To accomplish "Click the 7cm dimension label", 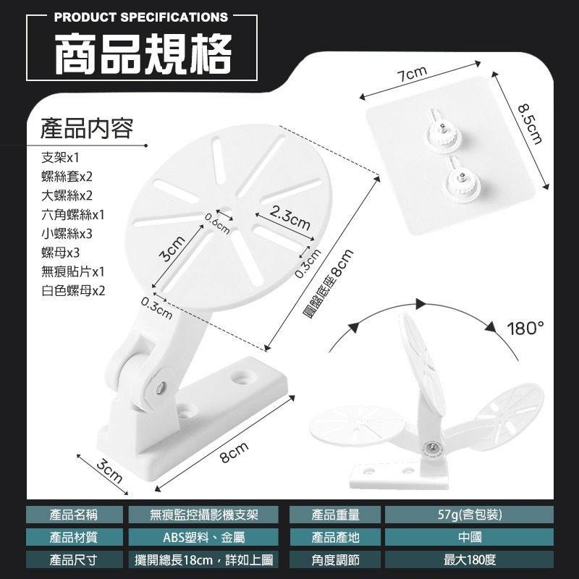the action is coord(411,74).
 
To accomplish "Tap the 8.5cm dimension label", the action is coord(531,124).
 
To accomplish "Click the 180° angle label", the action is coord(525,329).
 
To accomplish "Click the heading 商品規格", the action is coord(143,53).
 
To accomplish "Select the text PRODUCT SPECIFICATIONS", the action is coord(141,17).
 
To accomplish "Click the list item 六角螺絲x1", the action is coord(73,214).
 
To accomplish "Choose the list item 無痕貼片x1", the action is coord(73,272).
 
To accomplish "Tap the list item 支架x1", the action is coord(60,158).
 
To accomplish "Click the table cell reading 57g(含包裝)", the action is coord(469,515).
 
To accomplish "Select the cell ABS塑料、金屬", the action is coord(204,537).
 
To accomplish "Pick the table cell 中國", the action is coord(470,537).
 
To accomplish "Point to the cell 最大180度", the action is coord(470,560).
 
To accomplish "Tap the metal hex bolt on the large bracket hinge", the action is coord(160,388).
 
